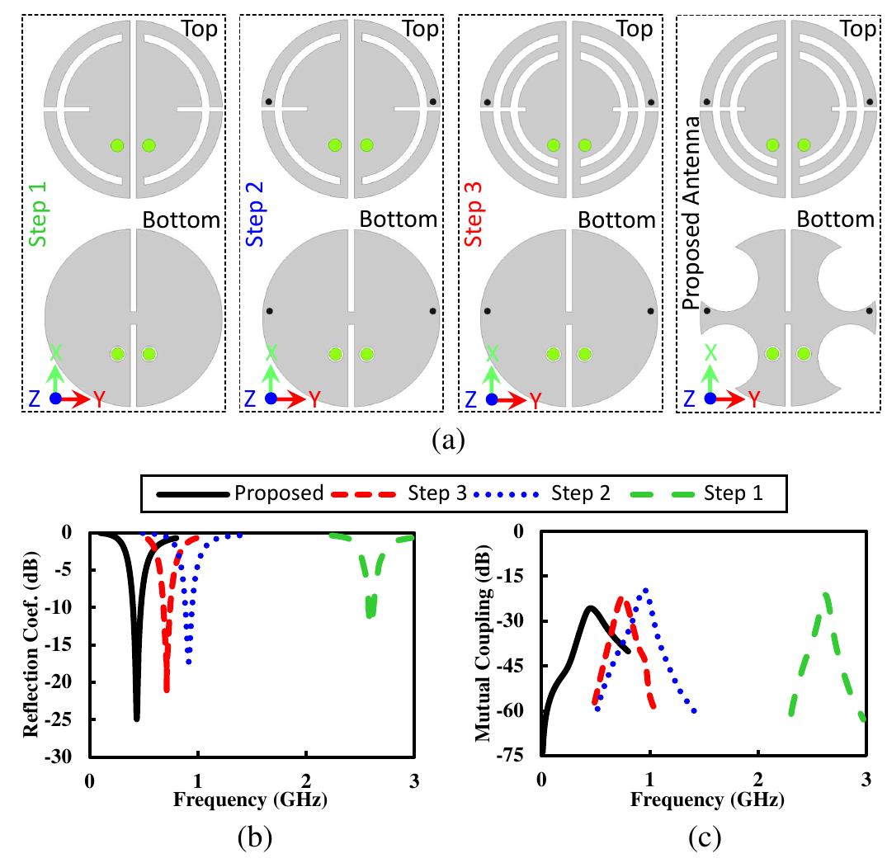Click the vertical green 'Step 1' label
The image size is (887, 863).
(38, 215)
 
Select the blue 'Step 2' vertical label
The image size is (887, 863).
(255, 215)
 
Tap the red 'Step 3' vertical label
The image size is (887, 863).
(474, 215)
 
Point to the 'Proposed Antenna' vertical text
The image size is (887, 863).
(691, 213)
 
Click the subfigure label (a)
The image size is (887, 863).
(448, 440)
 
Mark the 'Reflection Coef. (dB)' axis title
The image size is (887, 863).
(31, 644)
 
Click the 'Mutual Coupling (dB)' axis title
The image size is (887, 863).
(483, 644)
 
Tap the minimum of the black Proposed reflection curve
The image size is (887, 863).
(136, 719)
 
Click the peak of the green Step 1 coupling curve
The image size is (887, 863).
(826, 594)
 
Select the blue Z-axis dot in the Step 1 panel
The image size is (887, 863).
(55, 398)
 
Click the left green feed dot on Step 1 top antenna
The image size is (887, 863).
(117, 145)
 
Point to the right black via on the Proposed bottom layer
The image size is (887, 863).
(869, 311)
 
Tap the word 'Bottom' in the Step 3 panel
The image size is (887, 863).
(616, 219)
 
